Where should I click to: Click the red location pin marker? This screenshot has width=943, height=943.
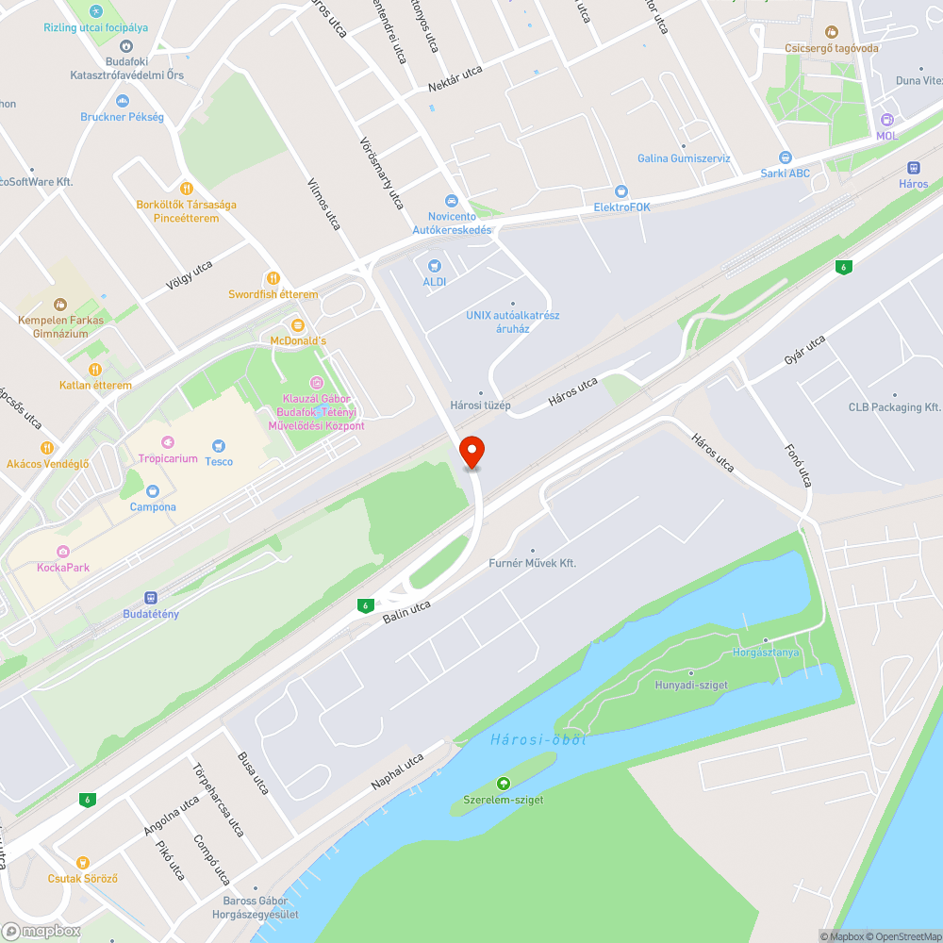coord(471,451)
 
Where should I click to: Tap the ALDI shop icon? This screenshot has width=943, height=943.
coord(435,267)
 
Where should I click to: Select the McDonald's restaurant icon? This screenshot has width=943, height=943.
coord(298,325)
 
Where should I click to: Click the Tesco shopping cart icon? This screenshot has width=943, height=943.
coord(219,445)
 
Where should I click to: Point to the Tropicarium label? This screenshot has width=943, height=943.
coord(168,459)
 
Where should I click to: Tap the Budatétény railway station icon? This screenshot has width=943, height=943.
coord(151,598)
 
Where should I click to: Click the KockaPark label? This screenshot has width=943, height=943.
coord(63,568)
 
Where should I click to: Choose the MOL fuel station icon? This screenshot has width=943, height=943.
coord(886,121)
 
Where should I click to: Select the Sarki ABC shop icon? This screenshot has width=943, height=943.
coord(786,157)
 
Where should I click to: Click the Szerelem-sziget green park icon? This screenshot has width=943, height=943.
coord(503,784)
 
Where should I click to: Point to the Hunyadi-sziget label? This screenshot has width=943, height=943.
coord(691,685)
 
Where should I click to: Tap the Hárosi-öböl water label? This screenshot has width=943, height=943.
coord(538,739)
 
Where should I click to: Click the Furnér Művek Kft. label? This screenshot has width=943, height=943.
coord(532,563)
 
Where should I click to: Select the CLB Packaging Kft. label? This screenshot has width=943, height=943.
coord(894,407)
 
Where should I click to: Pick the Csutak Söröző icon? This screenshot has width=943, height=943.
coord(83,863)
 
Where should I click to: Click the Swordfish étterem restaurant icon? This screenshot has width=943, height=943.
coord(273,278)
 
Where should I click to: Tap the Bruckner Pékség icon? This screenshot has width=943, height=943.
coord(122,101)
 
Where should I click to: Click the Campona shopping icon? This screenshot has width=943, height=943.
coord(153,491)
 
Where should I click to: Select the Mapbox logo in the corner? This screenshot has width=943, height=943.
coord(41,931)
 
